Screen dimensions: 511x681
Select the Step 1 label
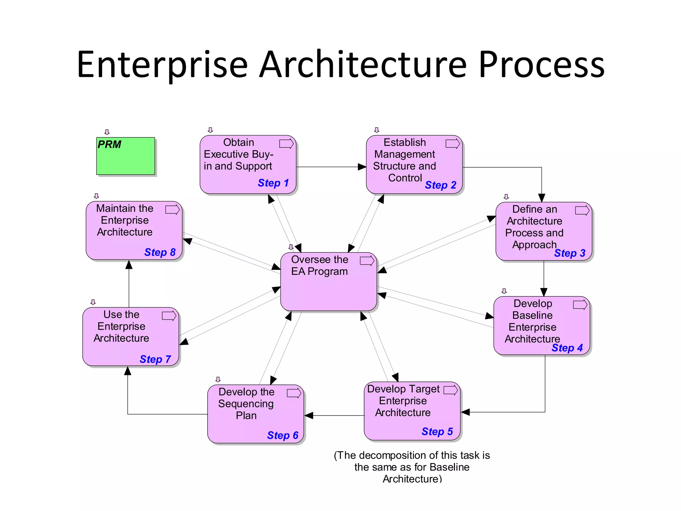(273, 183)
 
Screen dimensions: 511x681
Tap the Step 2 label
(440, 185)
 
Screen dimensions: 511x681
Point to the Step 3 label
(569, 253)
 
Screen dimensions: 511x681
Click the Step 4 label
(567, 348)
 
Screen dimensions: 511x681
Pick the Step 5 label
(437, 431)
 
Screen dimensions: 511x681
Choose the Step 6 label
(282, 435)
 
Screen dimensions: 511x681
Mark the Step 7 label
(155, 359)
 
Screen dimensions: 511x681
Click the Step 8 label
(160, 252)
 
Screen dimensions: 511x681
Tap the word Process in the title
(541, 65)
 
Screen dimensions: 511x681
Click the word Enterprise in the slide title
(162, 65)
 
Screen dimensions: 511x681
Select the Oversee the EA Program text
(319, 265)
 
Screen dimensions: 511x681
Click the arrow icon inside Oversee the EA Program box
(367, 261)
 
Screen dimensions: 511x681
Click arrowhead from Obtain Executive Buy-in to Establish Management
(362, 167)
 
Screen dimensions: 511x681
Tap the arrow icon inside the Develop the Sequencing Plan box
(294, 393)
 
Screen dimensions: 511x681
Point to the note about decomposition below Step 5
(412, 467)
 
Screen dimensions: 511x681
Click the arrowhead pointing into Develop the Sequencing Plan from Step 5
(309, 416)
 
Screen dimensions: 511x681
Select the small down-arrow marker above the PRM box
(107, 132)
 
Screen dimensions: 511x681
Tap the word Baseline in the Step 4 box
(532, 315)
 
